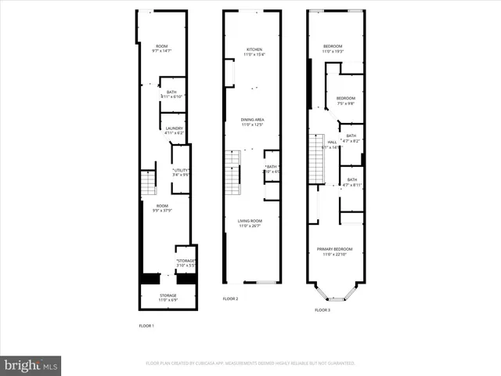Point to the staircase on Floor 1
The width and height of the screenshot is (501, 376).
(x=148, y=183)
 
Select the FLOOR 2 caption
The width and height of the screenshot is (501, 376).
(x=230, y=298)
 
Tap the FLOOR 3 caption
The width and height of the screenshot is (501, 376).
(x=323, y=309)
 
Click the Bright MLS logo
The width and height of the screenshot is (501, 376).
(x=31, y=366)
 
